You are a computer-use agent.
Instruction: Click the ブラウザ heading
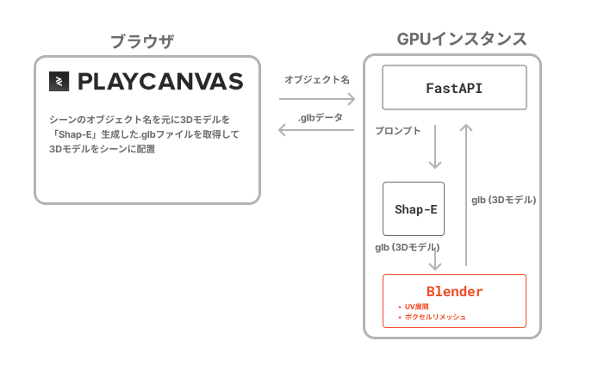142,41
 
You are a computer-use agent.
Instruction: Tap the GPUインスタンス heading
462,40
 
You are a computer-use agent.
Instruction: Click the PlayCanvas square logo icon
59,81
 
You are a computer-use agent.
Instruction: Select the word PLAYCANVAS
160,82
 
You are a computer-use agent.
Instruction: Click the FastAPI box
454,88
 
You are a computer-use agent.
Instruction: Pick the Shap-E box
414,209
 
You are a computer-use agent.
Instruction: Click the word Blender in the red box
454,292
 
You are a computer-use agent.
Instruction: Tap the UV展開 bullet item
414,307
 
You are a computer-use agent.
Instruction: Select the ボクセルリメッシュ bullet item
432,317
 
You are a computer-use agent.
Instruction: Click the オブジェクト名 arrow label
317,80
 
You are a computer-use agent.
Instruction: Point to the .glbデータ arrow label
321,118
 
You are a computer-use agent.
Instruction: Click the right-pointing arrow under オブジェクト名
317,99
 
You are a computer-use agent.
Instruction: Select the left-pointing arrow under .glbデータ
316,130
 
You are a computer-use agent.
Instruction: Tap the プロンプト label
398,131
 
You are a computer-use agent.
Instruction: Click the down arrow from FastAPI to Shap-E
435,146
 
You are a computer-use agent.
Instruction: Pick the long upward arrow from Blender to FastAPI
466,195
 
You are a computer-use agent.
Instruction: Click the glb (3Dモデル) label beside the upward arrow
504,200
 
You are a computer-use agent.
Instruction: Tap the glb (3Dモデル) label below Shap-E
408,247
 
